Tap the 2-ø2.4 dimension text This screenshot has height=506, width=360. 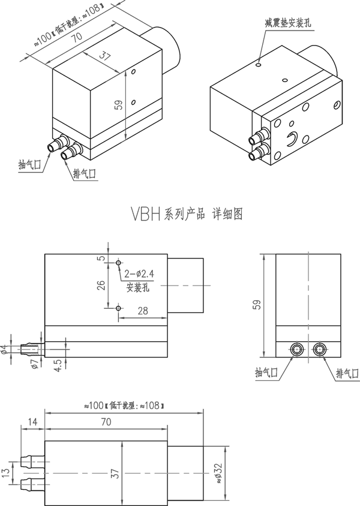tap(140, 274)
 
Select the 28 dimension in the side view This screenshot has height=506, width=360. tap(142, 310)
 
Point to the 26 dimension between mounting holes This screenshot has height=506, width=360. tap(101, 285)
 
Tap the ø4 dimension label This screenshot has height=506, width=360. tap(4, 348)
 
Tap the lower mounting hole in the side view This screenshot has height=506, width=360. tap(119, 308)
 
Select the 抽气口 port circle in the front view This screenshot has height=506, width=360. tap(296, 348)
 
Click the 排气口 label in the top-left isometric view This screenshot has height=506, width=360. tap(85, 174)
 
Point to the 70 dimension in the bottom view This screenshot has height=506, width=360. tap(106, 422)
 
